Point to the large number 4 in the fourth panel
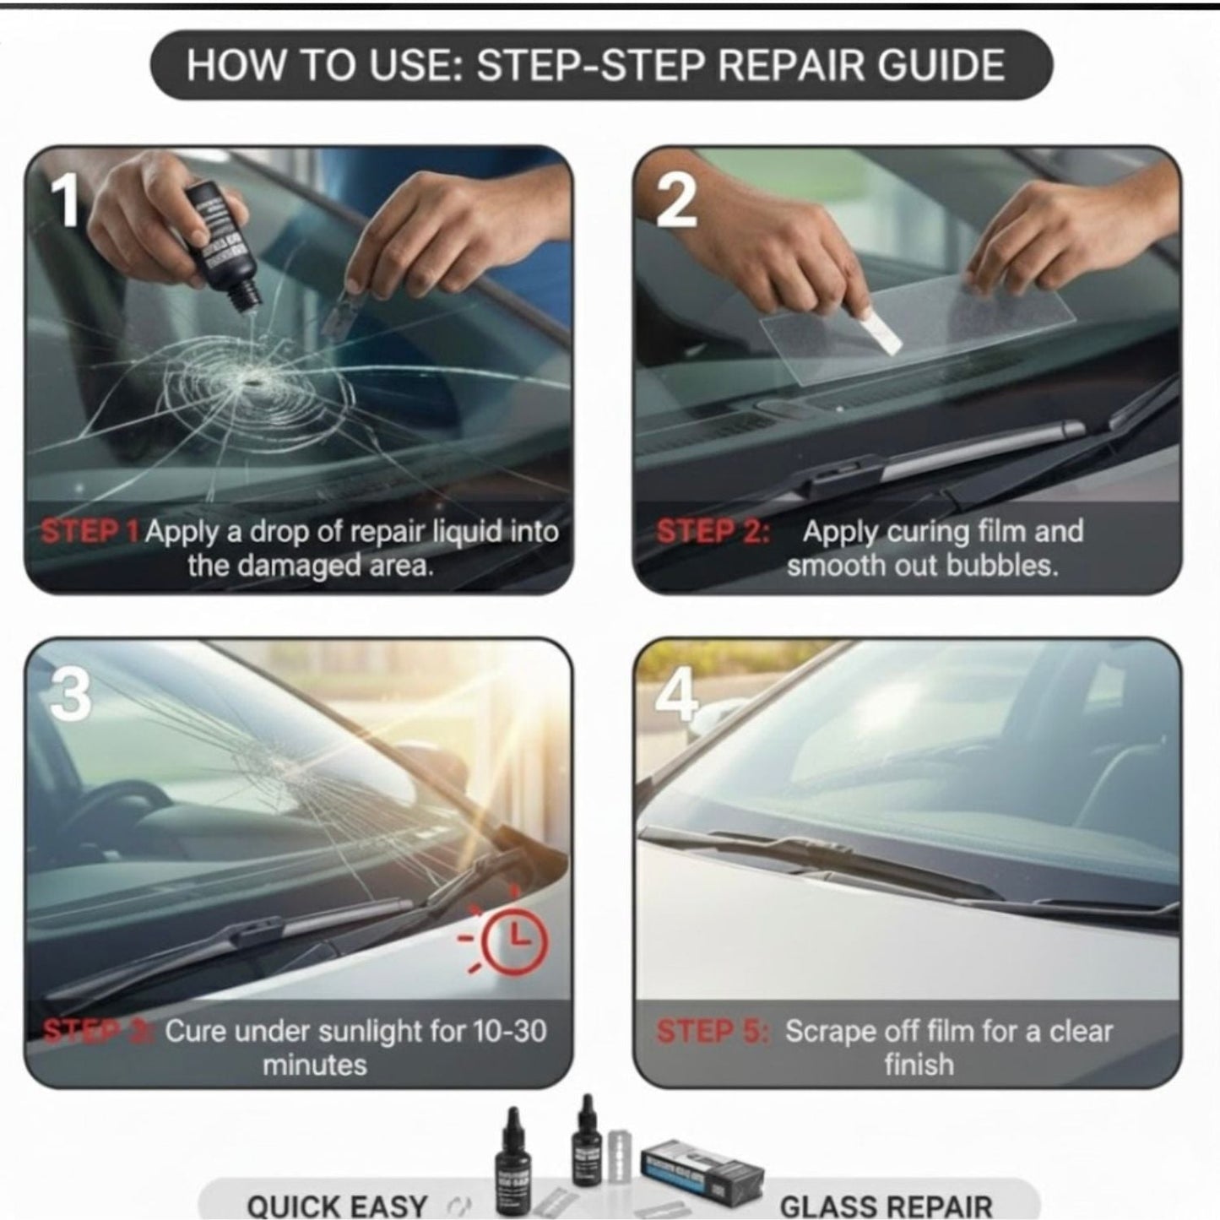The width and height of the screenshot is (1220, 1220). (x=677, y=695)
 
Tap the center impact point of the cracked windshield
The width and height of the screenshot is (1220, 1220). (x=252, y=383)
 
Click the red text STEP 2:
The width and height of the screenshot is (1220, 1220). (x=713, y=532)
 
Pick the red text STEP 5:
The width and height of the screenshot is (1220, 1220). (x=713, y=1032)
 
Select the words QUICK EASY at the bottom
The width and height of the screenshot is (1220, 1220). (x=337, y=1206)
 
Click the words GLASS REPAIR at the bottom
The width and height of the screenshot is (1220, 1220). (x=886, y=1206)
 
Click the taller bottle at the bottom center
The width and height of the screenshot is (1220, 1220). (x=512, y=1161)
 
